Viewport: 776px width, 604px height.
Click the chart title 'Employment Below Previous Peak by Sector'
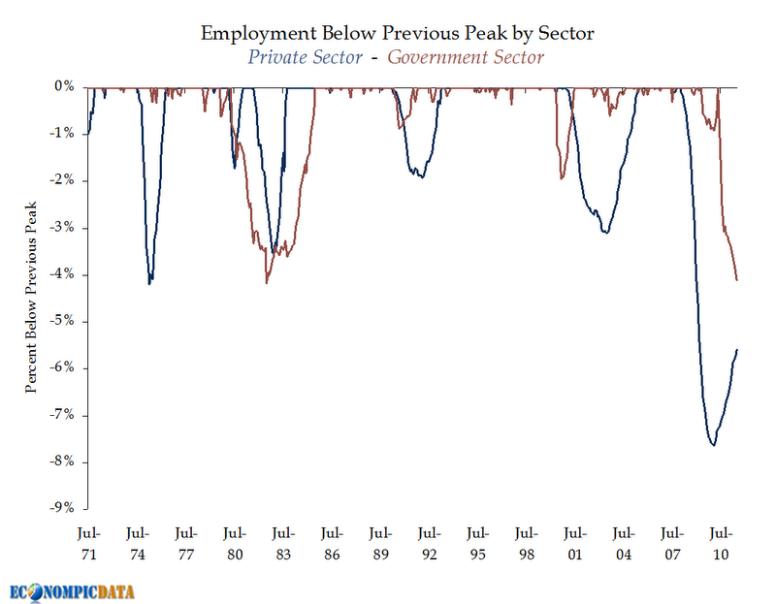[397, 33]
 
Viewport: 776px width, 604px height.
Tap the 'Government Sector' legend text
[466, 56]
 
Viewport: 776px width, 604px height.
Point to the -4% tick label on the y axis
[64, 274]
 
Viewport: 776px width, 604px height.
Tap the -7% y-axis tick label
[64, 415]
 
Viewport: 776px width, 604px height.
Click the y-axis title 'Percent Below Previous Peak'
[31, 297]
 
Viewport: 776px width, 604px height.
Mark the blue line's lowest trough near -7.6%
[714, 444]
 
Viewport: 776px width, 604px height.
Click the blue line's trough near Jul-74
[149, 283]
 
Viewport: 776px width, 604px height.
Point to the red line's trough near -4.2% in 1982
[267, 282]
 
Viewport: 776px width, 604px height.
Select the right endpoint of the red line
[737, 280]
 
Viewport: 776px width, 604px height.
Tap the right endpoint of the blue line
[737, 349]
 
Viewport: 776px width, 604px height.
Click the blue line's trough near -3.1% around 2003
[606, 233]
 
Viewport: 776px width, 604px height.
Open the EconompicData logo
[73, 589]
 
